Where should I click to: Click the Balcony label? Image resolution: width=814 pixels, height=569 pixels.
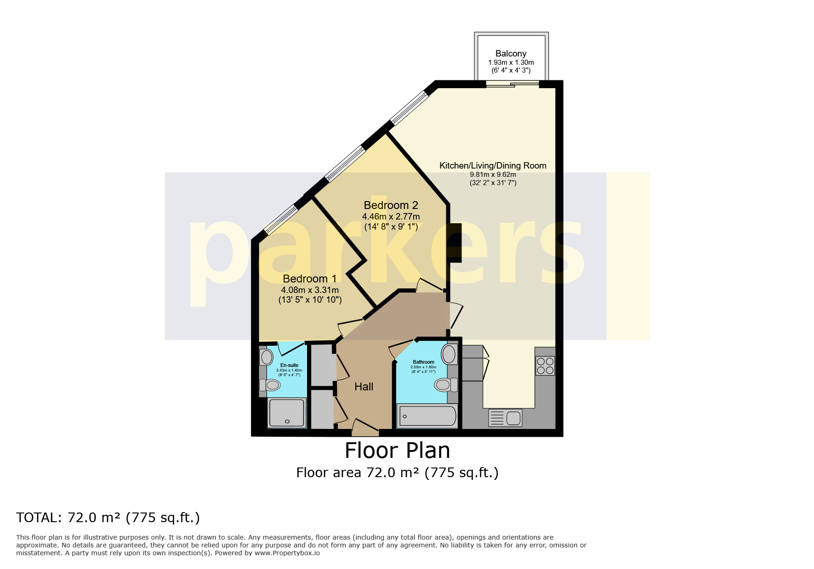coord(511,54)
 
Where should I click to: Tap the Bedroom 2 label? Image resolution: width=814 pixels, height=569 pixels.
coord(391,205)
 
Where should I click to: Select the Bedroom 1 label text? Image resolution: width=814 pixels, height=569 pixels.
coord(309,279)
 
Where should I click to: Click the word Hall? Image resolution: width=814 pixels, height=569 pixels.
coord(364,387)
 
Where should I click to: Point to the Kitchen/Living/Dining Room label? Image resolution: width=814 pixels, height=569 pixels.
coord(493,165)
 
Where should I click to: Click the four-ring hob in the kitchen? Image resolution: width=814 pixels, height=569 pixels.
coord(545,366)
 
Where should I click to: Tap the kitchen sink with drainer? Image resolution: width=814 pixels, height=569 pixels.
coord(506,418)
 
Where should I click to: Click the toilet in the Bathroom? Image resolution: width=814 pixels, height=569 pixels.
coord(445,384)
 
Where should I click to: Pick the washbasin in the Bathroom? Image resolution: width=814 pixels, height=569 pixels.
coord(449,354)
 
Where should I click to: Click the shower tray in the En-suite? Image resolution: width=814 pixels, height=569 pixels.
coord(286,413)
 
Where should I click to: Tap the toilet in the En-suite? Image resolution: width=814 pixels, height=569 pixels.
coord(271,385)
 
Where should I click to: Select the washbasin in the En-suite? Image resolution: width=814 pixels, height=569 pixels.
coord(266,357)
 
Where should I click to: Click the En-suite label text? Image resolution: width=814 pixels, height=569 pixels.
coord(289,365)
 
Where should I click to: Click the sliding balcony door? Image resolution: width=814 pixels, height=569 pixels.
coord(512,84)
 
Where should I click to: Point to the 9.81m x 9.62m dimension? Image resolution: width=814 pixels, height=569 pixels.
coord(493,175)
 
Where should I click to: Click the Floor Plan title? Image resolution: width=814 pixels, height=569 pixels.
coord(397,451)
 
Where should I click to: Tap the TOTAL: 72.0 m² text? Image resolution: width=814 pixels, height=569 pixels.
coord(108,518)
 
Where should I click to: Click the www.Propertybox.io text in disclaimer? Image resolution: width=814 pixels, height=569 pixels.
coord(287,553)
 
